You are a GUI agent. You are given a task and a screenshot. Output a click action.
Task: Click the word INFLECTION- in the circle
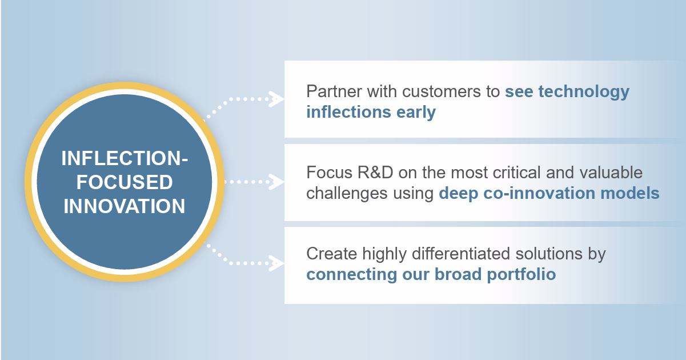click(125, 159)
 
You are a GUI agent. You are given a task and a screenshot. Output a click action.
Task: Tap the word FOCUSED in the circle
click(125, 182)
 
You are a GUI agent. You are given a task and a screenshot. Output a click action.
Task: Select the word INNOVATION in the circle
click(125, 206)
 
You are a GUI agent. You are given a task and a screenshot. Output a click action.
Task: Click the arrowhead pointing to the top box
click(278, 99)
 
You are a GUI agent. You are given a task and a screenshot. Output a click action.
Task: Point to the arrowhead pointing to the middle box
click(278, 182)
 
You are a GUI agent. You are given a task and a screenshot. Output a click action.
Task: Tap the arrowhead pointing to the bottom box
click(278, 265)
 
